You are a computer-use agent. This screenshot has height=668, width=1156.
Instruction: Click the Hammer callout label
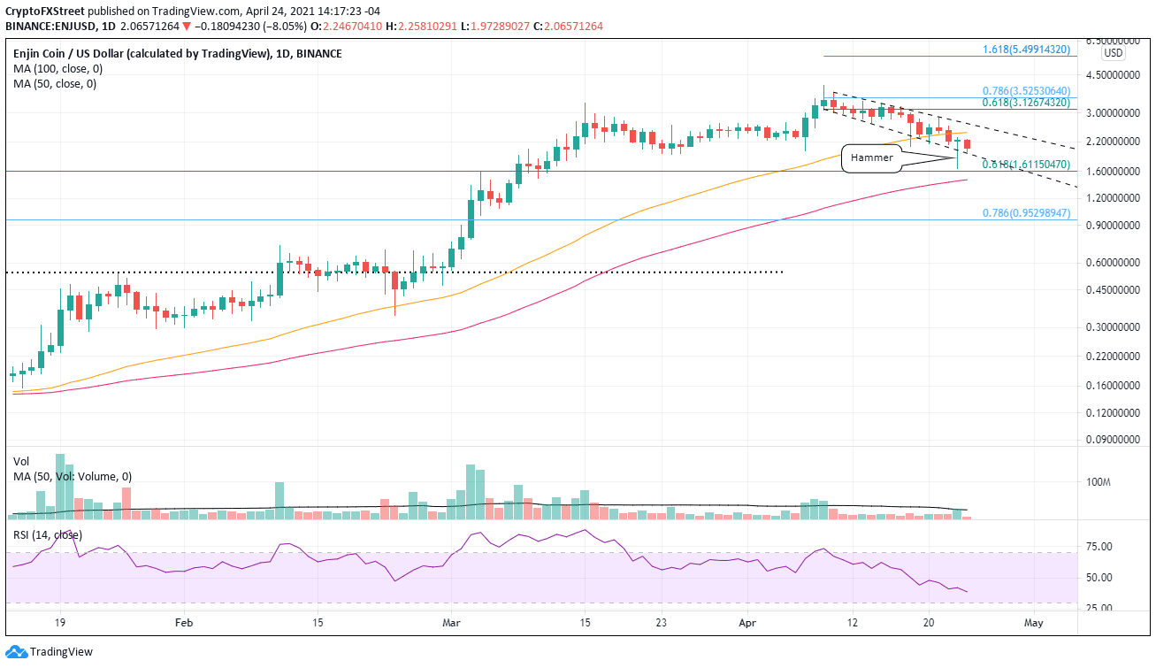871,157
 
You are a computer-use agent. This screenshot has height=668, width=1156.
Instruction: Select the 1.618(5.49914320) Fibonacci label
1029,50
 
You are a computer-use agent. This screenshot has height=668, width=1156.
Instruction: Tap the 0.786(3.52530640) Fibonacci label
1029,90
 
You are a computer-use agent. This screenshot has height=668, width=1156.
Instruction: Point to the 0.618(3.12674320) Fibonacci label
1029,103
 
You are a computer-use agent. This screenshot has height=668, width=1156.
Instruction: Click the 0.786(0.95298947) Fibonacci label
1029,213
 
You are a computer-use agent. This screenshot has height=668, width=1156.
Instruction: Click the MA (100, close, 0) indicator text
55,69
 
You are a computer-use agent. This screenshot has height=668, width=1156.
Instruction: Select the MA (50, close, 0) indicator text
52,84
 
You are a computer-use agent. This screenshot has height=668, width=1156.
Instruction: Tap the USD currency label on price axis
1114,53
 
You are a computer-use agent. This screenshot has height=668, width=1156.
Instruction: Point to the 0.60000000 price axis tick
1110,262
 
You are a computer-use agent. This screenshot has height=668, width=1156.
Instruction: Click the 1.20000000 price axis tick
1110,197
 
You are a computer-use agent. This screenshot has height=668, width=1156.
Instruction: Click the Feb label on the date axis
183,623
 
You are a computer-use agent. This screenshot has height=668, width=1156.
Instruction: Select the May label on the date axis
1034,623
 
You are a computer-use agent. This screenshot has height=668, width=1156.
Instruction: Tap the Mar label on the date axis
451,623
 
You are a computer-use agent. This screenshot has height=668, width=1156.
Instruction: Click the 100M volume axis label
1099,482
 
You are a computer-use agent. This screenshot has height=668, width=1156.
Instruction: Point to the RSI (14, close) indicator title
50,534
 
